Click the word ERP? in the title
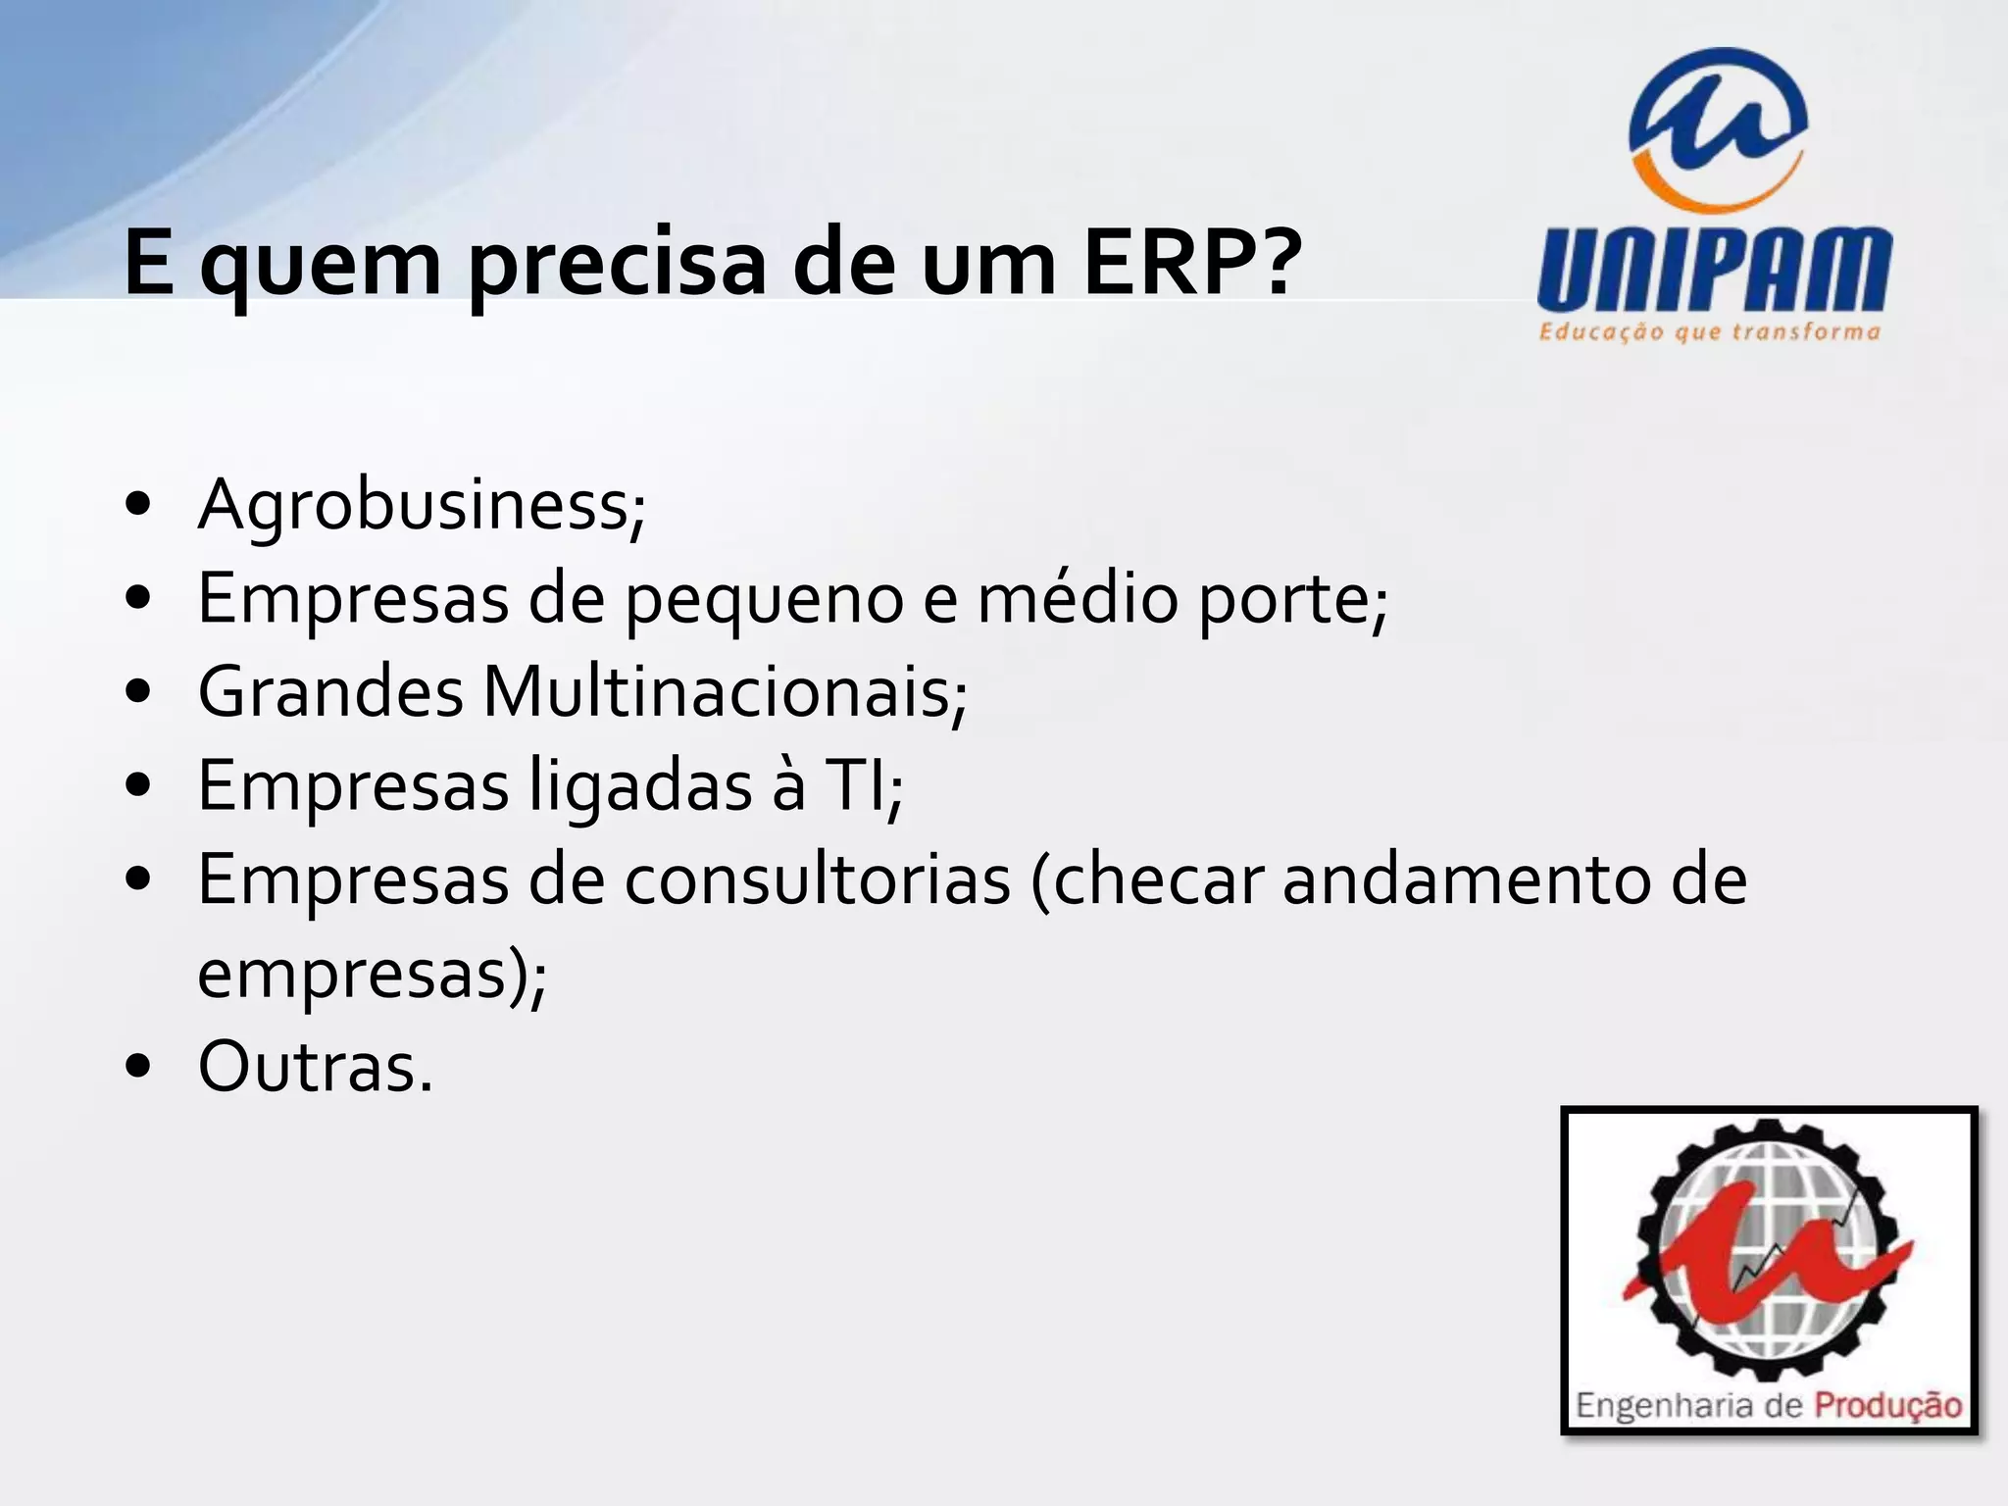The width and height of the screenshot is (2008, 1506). (x=1192, y=262)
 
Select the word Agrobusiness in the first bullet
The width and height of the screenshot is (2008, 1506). (x=417, y=505)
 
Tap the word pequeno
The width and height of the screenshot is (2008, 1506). (x=764, y=600)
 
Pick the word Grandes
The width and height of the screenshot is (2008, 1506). (x=330, y=693)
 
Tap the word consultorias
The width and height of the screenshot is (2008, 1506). (x=818, y=879)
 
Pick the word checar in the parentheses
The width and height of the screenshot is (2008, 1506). (x=1158, y=879)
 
